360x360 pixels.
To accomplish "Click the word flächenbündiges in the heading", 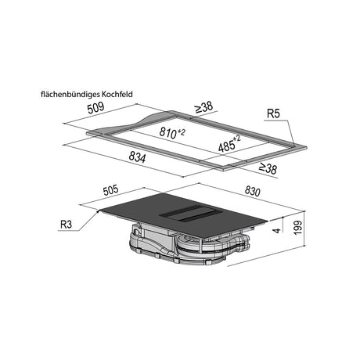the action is point(69,94).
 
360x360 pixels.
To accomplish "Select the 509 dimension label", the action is point(95,108).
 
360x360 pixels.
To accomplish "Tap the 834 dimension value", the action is point(137,157).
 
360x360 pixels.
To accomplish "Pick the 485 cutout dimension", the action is point(229,144).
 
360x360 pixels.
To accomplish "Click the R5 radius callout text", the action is point(273,113).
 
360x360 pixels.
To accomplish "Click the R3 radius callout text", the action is point(66,224).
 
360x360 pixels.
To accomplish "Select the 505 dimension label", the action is point(111,190).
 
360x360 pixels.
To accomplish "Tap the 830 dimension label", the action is point(252,192).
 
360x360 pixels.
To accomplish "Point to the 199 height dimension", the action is point(297,228).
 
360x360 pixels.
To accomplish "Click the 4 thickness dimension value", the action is point(277,230).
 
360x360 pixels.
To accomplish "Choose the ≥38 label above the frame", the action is point(203,107).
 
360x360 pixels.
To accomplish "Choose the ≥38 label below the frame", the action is point(268,168).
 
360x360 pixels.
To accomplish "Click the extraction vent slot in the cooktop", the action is point(187,213).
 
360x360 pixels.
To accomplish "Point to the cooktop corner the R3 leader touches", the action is point(99,211).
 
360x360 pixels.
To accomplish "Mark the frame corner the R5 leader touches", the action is point(294,146).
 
